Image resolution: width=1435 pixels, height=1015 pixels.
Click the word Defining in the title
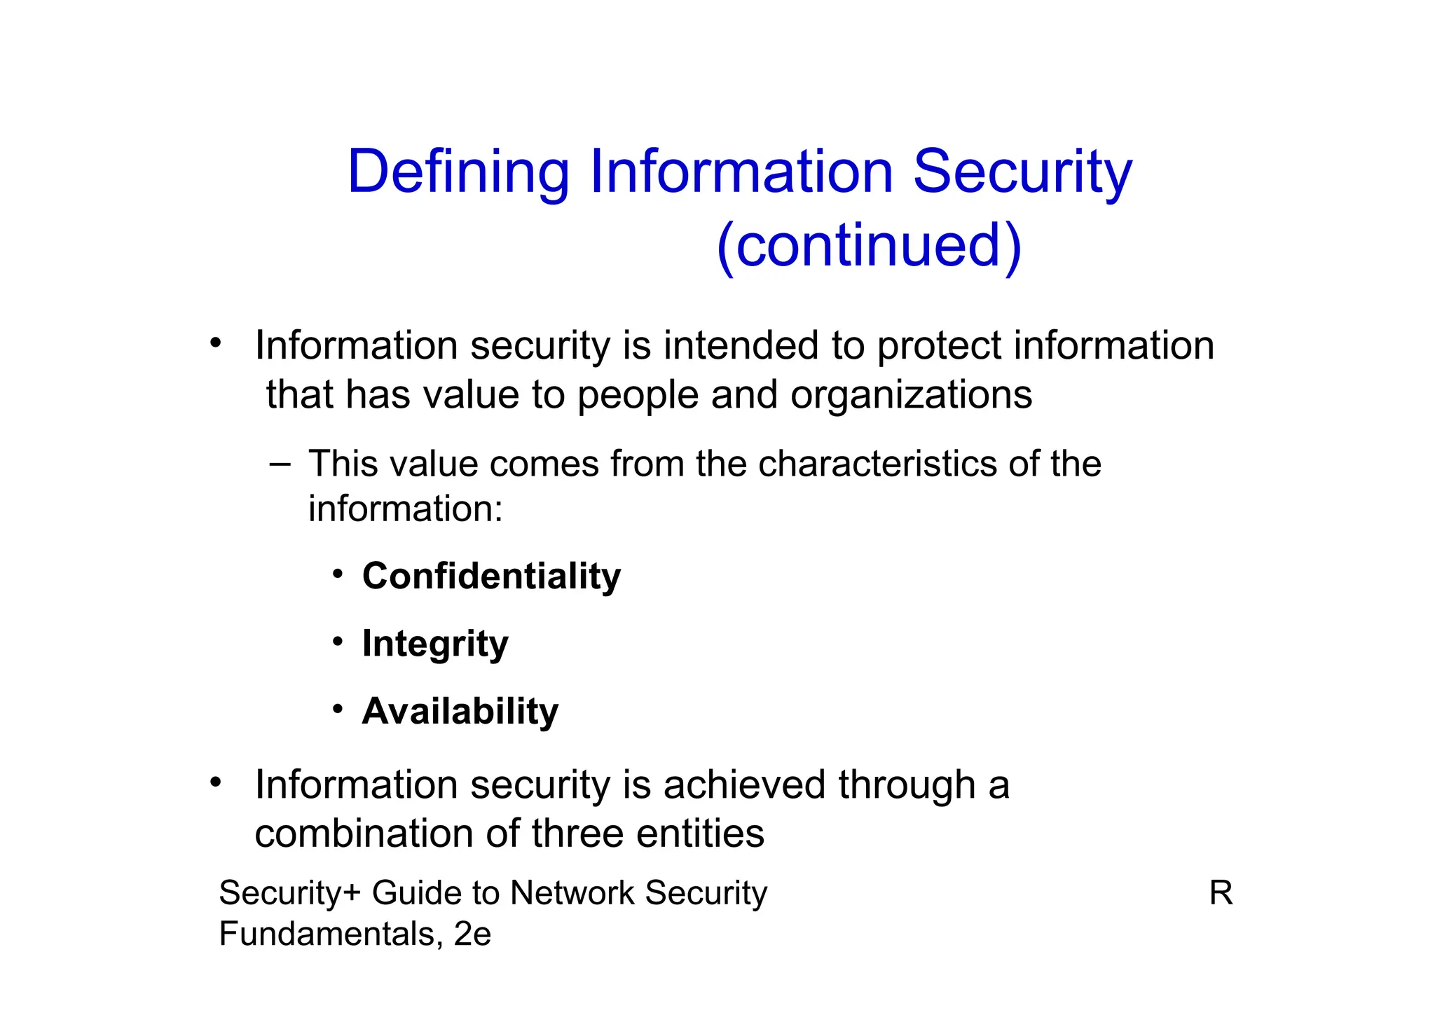coord(458,172)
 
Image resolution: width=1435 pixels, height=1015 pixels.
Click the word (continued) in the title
coord(869,245)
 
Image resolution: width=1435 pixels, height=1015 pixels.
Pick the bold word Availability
coord(460,711)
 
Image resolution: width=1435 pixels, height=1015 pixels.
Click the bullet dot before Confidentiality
coord(338,574)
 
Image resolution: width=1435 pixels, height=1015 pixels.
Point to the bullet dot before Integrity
coord(338,642)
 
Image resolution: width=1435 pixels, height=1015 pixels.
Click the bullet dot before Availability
coord(338,710)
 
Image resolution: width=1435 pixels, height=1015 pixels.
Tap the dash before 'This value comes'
coord(280,464)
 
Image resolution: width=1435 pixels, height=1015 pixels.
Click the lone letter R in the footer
coord(1221,893)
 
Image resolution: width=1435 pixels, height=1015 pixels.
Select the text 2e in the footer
coord(472,934)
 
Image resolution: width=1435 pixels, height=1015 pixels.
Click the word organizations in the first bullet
coord(911,395)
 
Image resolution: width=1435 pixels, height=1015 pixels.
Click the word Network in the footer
coord(571,893)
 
